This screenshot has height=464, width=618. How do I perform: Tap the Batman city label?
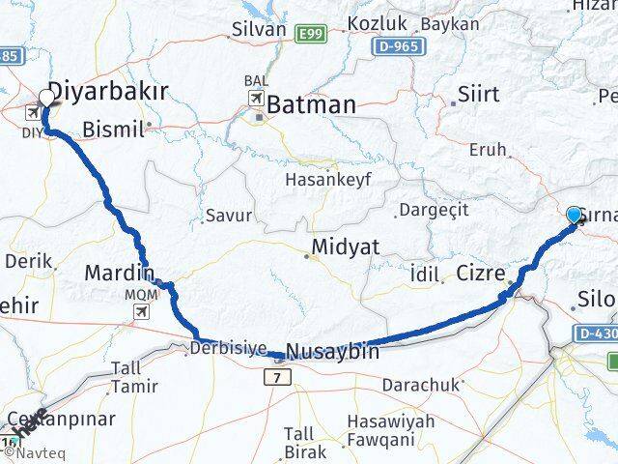click(312, 103)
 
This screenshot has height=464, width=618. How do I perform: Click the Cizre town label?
click(481, 274)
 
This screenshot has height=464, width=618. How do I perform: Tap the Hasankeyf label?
click(328, 180)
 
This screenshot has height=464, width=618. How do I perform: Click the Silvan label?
click(259, 29)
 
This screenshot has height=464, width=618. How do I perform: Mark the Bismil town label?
click(114, 127)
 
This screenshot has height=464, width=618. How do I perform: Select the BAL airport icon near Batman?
click(257, 100)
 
